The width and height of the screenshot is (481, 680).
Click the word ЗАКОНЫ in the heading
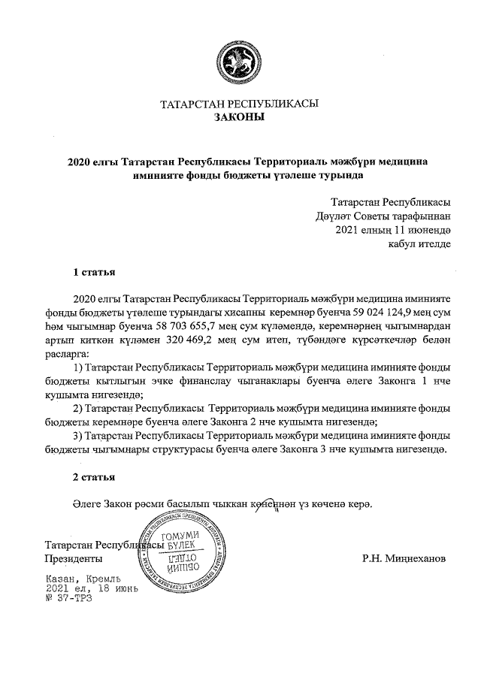(240, 117)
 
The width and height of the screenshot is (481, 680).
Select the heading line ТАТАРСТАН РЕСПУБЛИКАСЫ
(240, 104)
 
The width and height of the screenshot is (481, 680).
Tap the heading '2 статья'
(93, 477)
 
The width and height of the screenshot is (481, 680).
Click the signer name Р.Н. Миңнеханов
(404, 559)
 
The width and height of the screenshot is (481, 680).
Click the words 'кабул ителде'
(419, 243)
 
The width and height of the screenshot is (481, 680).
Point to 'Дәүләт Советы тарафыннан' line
(384, 216)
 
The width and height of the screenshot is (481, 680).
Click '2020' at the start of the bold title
(80, 162)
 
